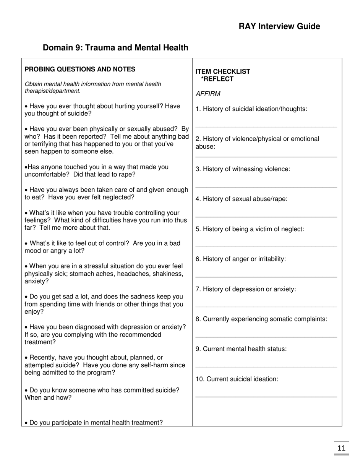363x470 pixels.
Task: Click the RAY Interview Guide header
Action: (279, 26)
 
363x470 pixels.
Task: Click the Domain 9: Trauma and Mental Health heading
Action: (115, 48)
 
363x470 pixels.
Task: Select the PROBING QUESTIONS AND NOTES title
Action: (80, 69)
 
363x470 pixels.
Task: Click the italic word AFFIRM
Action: (208, 94)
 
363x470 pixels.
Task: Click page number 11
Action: (341, 448)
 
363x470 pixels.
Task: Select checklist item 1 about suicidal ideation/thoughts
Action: (251, 109)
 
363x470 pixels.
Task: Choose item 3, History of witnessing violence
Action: (243, 169)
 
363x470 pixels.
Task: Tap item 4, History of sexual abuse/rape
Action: (241, 199)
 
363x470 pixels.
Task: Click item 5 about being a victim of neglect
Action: (250, 229)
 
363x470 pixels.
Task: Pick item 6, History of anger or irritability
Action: (240, 259)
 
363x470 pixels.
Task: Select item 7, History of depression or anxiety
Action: (246, 289)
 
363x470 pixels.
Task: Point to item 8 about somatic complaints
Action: (261, 319)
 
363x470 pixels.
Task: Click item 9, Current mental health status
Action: (241, 349)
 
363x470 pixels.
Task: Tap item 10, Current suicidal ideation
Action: (237, 379)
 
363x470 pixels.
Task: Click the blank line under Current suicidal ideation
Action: (266, 397)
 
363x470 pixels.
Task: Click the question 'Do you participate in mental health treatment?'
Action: (94, 423)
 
